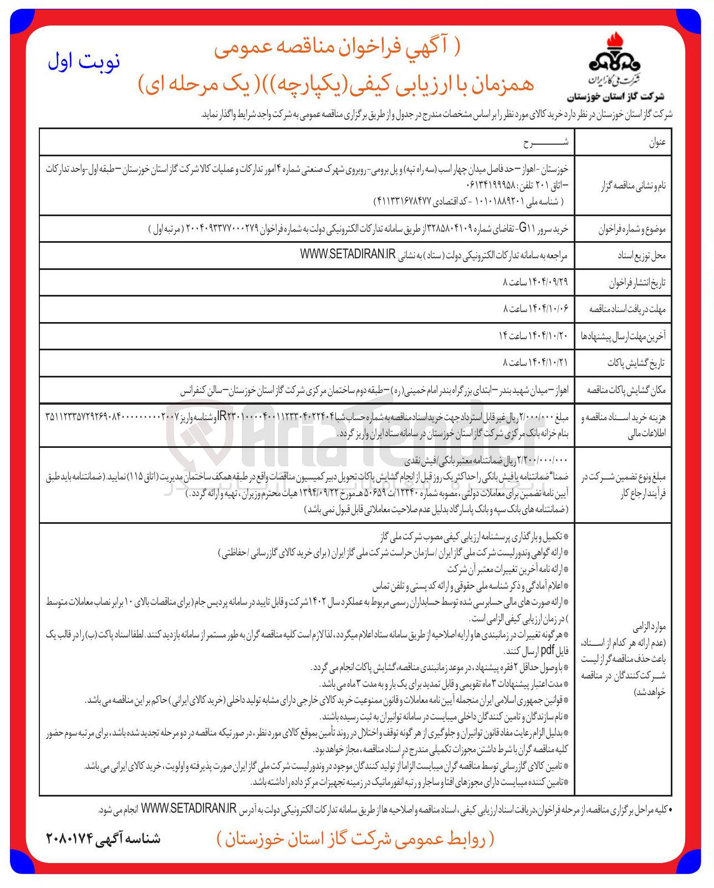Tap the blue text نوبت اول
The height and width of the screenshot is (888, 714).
coord(84,62)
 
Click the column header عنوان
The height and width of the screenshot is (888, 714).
coord(657,142)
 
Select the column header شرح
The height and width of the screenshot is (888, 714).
coord(545,143)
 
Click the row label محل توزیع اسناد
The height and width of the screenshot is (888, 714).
coord(641,256)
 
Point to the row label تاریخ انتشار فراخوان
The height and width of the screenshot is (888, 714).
coord(637,283)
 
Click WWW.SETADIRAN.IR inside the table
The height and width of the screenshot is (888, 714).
coord(348,254)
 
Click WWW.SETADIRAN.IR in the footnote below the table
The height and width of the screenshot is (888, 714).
coord(188,809)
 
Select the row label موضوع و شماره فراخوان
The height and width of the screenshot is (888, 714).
coord(631,229)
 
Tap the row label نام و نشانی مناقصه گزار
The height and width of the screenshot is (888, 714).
coord(633,186)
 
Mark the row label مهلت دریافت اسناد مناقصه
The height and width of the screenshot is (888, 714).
coord(627,309)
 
